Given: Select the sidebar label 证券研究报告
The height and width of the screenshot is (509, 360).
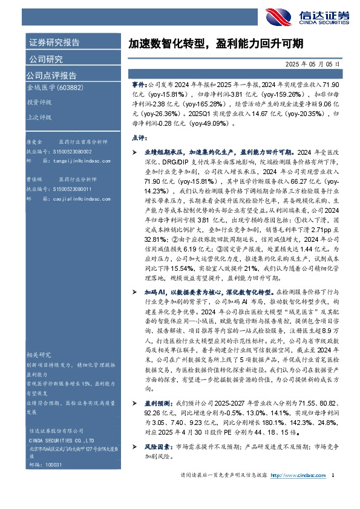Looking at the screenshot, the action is point(54,43).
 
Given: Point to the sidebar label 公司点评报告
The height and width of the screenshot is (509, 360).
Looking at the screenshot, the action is point(51,76).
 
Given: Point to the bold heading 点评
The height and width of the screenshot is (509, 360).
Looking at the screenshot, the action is point(139,137).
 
